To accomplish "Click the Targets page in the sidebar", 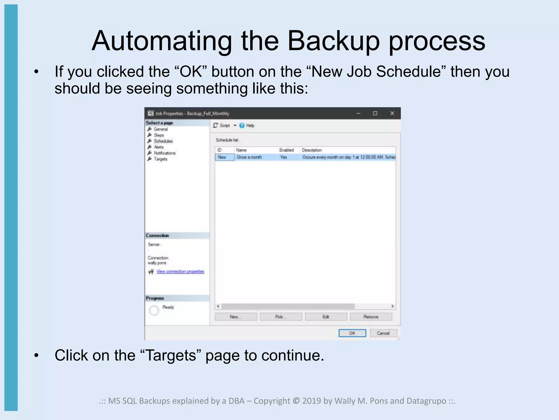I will (x=160, y=159).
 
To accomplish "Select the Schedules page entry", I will (x=163, y=141).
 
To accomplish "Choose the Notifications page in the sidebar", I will (x=164, y=153).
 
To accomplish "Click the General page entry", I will (x=160, y=129).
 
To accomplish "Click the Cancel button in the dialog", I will (x=383, y=333).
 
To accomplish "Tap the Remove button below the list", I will (x=371, y=317).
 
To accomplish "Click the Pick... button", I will (x=281, y=317).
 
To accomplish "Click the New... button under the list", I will (x=236, y=317).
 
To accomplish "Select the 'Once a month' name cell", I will (x=249, y=157).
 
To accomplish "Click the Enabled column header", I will (x=286, y=150).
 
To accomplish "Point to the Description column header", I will (x=312, y=150).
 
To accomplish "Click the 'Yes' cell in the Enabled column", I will (x=284, y=157).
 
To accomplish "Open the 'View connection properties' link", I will (x=180, y=271).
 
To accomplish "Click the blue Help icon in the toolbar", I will (x=242, y=126).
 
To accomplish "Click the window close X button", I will (x=392, y=113).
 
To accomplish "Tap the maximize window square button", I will (x=375, y=113).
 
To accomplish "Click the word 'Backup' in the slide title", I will (x=333, y=41).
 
